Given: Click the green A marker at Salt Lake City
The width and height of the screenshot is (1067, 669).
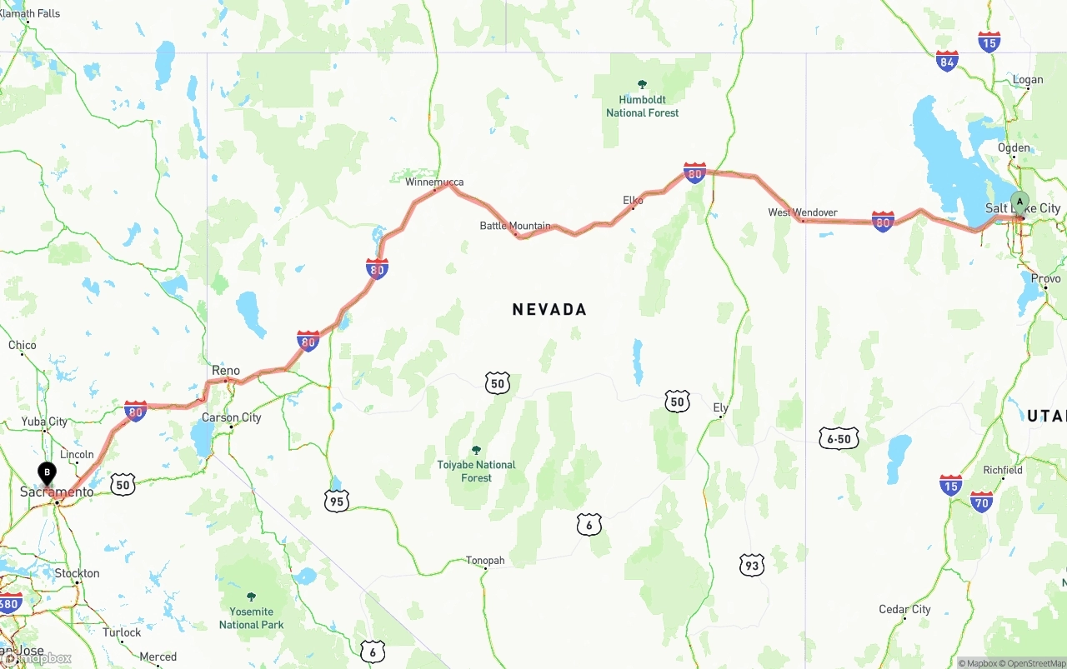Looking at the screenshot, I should [x=1019, y=202].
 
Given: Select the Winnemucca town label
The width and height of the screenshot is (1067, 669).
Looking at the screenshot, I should [x=434, y=182].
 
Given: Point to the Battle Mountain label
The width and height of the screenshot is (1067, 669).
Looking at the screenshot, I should [x=515, y=226].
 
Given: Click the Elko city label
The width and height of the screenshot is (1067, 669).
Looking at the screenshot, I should [x=634, y=200].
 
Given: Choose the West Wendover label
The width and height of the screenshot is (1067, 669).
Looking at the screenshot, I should [x=803, y=212].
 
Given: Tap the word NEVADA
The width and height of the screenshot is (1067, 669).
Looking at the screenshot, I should [x=549, y=309].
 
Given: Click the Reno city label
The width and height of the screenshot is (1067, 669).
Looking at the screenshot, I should [x=226, y=371].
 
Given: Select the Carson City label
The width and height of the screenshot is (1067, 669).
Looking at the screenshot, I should [x=232, y=417].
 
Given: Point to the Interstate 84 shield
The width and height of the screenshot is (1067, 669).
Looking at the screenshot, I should [x=947, y=61].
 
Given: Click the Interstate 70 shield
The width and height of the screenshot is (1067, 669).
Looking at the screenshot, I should [x=982, y=501].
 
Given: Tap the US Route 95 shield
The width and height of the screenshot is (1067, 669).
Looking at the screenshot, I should [x=336, y=500].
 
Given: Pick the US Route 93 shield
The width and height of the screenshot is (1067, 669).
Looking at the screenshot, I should [x=752, y=565].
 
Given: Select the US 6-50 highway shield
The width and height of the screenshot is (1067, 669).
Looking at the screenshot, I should [x=839, y=438].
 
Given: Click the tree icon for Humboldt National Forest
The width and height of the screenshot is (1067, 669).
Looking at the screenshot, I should [x=642, y=84].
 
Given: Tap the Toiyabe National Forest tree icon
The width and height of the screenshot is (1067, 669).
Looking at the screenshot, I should [x=477, y=450].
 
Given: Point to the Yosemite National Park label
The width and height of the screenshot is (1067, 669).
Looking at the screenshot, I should [x=251, y=618].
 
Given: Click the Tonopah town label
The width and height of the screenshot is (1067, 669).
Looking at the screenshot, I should [x=485, y=561].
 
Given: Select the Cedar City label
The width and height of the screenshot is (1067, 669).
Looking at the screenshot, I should [x=904, y=609].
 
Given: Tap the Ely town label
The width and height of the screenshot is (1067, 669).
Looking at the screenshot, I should [x=721, y=407].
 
